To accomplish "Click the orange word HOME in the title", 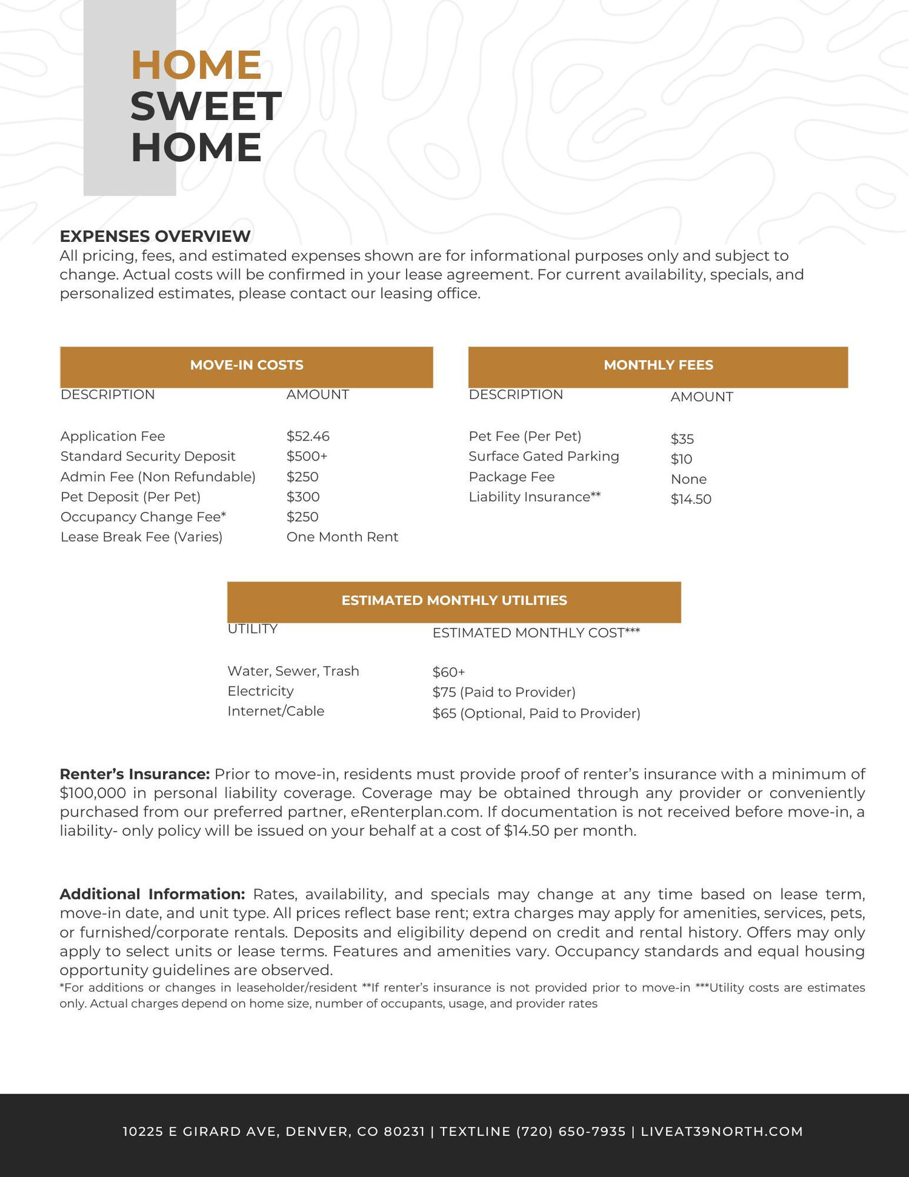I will (196, 65).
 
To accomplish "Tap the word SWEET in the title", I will (206, 106).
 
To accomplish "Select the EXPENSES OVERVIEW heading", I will (155, 236).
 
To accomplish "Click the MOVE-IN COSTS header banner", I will (246, 365).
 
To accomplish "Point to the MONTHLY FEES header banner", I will (658, 365).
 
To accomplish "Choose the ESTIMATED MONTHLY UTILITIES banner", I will (454, 601).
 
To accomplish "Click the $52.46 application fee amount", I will (308, 436).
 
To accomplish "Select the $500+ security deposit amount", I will (307, 456).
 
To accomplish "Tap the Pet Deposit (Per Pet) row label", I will (130, 497).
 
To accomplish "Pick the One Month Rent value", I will (342, 537).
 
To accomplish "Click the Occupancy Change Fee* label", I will (143, 517).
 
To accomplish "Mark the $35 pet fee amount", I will (682, 439).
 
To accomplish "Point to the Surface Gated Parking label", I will (544, 456).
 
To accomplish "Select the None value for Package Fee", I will (688, 479).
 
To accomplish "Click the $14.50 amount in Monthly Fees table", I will (691, 499).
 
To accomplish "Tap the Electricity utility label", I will (261, 692).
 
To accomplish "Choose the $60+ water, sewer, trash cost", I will (448, 672).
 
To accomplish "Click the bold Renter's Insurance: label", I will (135, 775).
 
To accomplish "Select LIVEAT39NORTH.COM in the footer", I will (722, 1132).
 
